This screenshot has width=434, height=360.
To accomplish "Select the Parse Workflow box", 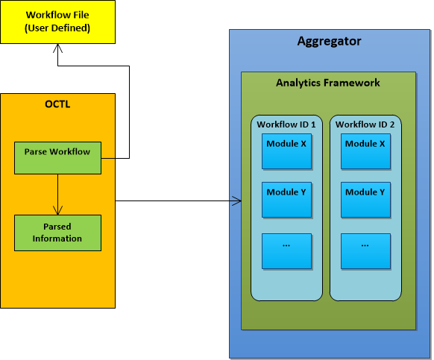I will [57, 157].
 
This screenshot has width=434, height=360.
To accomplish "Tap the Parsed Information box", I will [57, 233].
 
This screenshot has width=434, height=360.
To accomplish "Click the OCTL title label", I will [57, 104].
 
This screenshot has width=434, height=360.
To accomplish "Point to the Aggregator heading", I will [329, 42].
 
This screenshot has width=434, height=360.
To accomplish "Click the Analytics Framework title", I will [328, 83].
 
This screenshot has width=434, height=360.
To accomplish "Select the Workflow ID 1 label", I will [286, 124].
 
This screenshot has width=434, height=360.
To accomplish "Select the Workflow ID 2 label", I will [365, 124].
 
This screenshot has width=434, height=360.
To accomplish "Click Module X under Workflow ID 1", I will [286, 151].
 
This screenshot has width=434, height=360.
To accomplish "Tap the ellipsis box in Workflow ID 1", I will [286, 250].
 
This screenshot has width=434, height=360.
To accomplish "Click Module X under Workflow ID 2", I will [365, 151].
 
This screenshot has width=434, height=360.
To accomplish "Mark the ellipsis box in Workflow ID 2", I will [365, 250].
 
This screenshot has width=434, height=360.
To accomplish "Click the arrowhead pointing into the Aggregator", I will [238, 200].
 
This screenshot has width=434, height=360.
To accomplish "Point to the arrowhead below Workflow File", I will [58, 47].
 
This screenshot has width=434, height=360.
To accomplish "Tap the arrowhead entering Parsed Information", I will [57, 210].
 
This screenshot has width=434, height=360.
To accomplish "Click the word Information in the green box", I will [57, 239].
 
